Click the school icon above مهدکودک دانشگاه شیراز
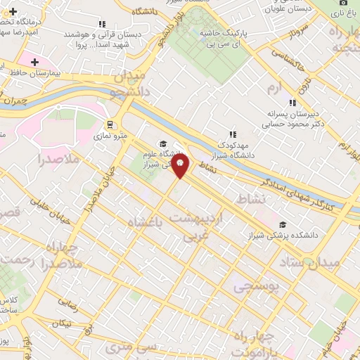coord(231,134)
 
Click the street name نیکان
coord(63,322)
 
